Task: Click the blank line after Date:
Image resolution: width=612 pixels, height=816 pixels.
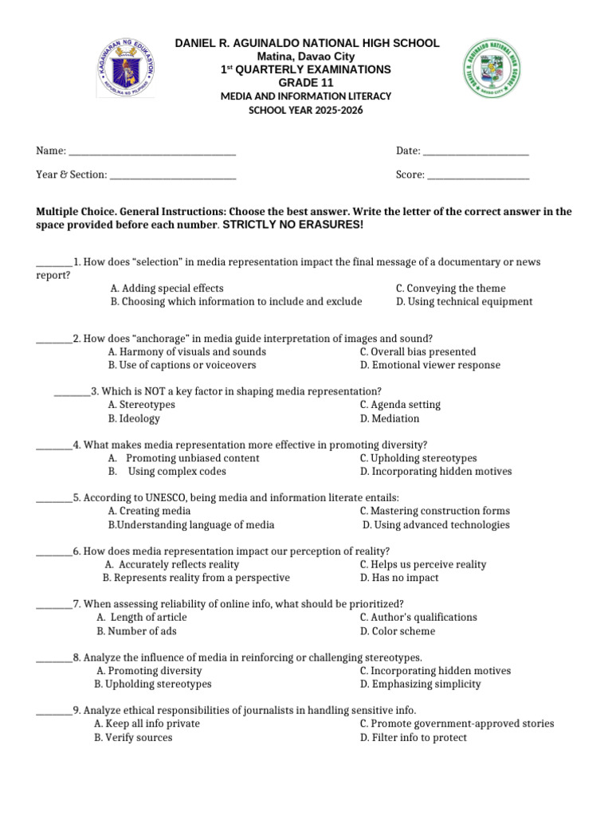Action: [x=476, y=151]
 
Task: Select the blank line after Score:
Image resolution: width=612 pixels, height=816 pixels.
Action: [x=478, y=175]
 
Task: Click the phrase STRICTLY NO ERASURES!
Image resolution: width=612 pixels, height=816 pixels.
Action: [x=292, y=226]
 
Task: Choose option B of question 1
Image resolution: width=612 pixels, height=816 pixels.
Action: [x=236, y=302]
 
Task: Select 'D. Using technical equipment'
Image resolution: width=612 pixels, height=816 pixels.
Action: [x=464, y=302]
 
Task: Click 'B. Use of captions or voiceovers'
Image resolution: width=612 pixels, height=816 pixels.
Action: [x=182, y=365]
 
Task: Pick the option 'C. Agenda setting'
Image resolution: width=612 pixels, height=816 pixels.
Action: [x=400, y=405]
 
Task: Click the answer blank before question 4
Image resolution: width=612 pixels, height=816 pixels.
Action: [x=54, y=445]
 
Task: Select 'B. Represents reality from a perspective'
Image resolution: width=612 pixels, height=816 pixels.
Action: [x=196, y=578]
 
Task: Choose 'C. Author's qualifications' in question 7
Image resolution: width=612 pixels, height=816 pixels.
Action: [x=418, y=618]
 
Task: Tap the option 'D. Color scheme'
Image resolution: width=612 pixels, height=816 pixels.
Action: [x=397, y=631]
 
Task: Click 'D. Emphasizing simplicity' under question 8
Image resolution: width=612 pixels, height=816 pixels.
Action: [x=420, y=685]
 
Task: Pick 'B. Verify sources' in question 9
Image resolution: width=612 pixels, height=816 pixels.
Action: [x=133, y=738]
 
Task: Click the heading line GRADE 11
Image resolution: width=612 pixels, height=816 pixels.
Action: [x=305, y=83]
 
